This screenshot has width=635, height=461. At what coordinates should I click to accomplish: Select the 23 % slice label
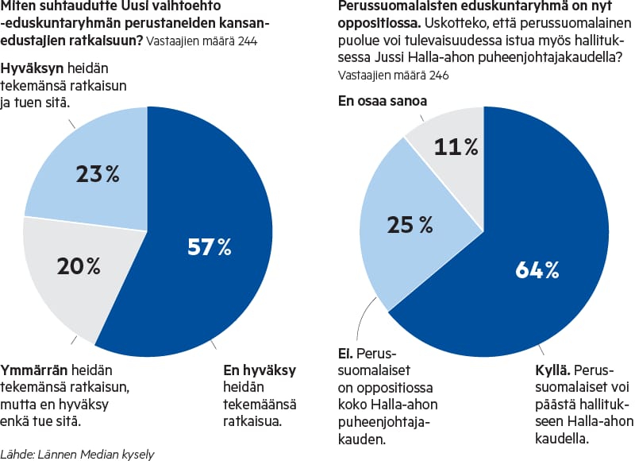[x=96, y=174]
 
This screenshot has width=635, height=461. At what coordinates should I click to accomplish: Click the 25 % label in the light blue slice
[x=410, y=225]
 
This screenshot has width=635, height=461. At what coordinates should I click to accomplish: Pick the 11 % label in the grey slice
[x=456, y=146]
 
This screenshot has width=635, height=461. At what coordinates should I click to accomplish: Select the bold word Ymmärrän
[x=34, y=370]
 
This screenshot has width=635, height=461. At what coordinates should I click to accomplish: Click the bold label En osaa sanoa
[x=382, y=101]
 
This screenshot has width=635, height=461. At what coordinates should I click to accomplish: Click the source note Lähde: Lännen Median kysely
[x=77, y=454]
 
